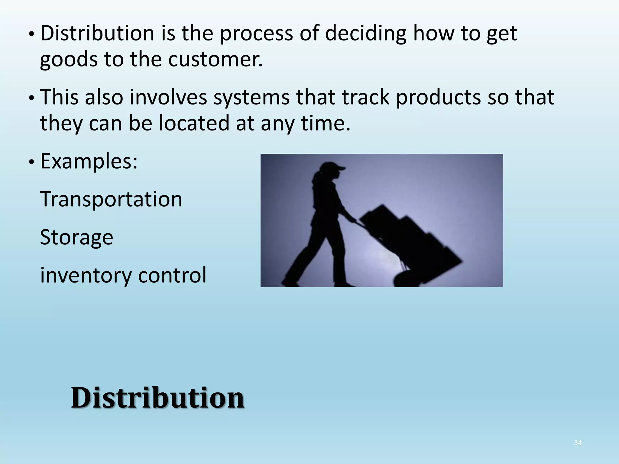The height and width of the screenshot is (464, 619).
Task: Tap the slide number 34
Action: (x=578, y=443)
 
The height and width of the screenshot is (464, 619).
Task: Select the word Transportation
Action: (x=111, y=199)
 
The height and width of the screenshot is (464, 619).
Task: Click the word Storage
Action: (x=76, y=237)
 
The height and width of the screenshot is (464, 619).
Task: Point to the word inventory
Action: (x=86, y=275)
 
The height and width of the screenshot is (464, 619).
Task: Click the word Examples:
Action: (x=89, y=161)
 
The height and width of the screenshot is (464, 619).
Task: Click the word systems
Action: (x=251, y=97)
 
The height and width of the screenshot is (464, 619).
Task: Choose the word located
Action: (x=194, y=123)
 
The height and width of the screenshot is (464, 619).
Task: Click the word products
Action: (x=438, y=98)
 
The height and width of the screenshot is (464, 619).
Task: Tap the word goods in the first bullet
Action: (x=69, y=60)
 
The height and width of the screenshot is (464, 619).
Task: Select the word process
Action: (x=256, y=34)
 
